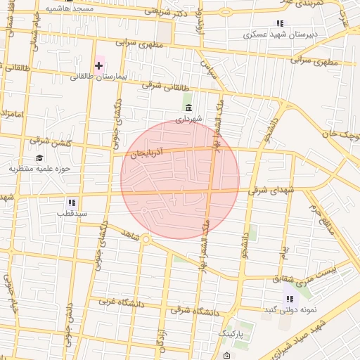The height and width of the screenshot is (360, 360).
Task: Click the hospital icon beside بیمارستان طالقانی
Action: [98, 65]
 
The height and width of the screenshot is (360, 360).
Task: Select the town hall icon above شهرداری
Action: [188, 108]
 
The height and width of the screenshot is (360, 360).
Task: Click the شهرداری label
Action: [188, 119]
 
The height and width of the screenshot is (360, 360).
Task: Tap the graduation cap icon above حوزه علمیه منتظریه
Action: [39, 157]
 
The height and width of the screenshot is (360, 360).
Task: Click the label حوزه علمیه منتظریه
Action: [41, 169]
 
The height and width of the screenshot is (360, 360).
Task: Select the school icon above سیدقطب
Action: [72, 202]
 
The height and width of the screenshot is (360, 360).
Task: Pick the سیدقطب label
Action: [72, 212]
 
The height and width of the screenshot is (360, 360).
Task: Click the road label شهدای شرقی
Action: [268, 189]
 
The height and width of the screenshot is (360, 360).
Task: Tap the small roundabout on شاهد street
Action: [146, 239]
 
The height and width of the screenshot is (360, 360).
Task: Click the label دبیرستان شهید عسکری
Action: [281, 34]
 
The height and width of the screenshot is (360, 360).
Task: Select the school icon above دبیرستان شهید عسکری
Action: [281, 23]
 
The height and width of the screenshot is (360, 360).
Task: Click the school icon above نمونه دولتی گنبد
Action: [289, 300]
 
